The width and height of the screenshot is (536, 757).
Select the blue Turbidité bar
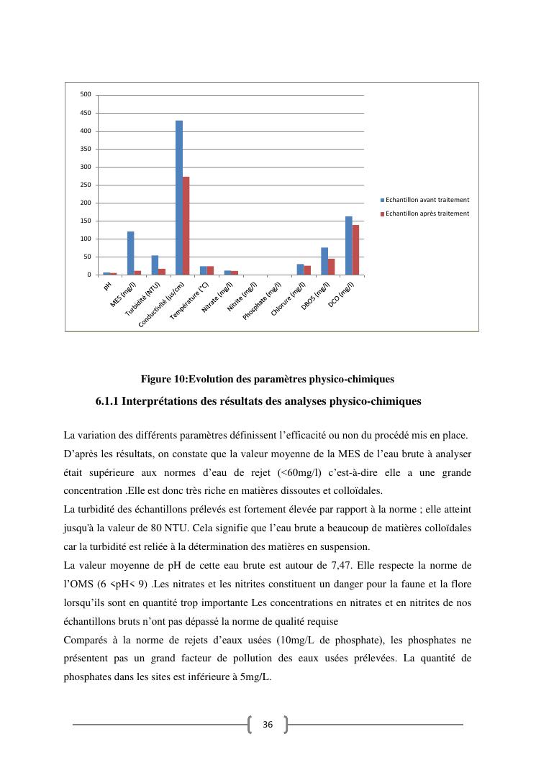tap(155, 265)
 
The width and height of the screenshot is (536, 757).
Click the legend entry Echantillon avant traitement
tap(427, 199)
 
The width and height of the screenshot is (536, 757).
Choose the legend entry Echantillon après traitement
tap(427, 214)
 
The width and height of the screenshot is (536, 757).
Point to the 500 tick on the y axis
tap(86, 94)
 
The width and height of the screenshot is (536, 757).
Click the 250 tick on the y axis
tap(86, 185)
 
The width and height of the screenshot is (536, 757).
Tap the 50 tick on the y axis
tap(87, 257)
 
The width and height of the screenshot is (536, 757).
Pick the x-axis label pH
tap(107, 285)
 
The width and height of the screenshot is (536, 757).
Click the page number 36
tap(268, 725)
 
